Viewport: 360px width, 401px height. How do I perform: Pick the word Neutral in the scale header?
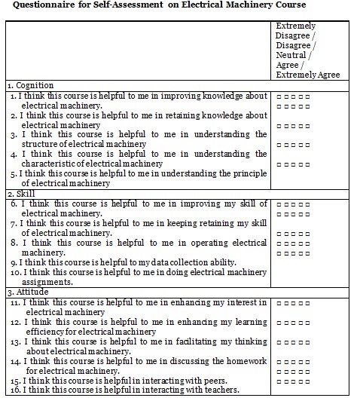pos(291,55)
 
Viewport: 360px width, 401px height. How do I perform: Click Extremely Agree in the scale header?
pos(307,75)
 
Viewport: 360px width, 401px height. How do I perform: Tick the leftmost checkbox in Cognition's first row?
pos(279,97)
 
